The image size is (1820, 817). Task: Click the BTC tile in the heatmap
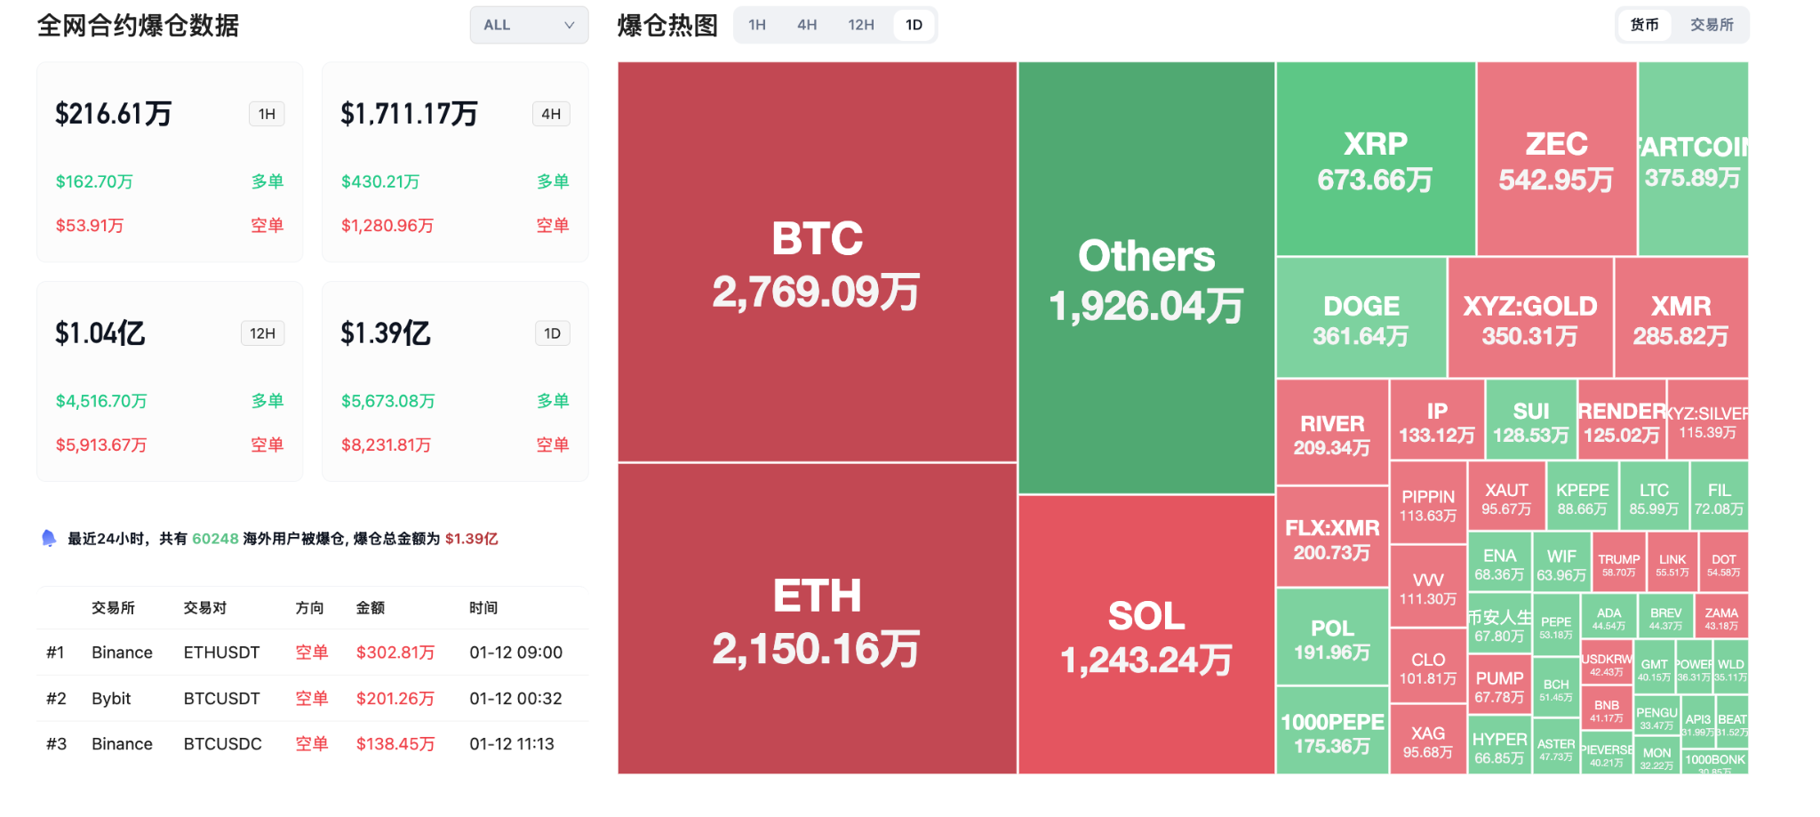tap(817, 262)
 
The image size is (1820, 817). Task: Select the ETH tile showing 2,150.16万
tap(817, 619)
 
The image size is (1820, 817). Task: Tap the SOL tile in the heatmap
tap(1146, 635)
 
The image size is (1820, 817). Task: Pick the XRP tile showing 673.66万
tap(1375, 160)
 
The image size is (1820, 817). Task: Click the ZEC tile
tap(1556, 160)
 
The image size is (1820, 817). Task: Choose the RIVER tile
tap(1331, 433)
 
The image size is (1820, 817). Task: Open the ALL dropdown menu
tap(529, 25)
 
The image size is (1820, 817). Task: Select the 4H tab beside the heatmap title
tap(807, 25)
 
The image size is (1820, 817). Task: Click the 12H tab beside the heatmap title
tap(860, 25)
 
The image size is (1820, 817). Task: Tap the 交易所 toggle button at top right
tap(1712, 25)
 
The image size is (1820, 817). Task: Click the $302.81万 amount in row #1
tap(395, 653)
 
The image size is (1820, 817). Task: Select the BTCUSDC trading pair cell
tap(223, 744)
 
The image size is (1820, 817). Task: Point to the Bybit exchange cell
tap(111, 699)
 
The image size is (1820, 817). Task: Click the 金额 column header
tap(371, 608)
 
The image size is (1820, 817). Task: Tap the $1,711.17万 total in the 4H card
tap(410, 114)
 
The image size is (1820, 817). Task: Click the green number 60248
tap(215, 539)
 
